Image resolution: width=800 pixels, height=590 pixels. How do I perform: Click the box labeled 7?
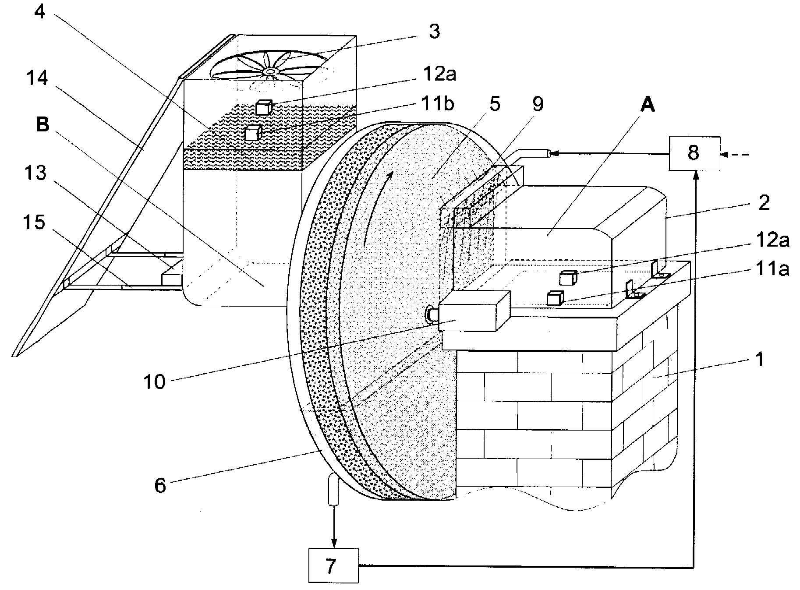(x=333, y=565)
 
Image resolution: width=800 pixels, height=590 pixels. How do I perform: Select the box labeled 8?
(x=694, y=153)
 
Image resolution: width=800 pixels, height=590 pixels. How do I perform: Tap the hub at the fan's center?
(x=269, y=71)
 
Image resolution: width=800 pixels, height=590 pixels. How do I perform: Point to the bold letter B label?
(x=43, y=125)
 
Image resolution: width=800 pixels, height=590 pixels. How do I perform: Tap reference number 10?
(x=155, y=382)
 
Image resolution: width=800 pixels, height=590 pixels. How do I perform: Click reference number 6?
(x=160, y=486)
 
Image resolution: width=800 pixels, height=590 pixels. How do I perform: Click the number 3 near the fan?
(x=434, y=32)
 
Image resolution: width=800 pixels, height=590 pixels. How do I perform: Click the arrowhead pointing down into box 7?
(x=334, y=542)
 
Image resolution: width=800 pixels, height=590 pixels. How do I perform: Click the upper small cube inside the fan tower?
(x=263, y=107)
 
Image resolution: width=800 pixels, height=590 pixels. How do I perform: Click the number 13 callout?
(x=35, y=173)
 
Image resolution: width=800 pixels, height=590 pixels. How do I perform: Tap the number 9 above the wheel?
(x=538, y=104)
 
